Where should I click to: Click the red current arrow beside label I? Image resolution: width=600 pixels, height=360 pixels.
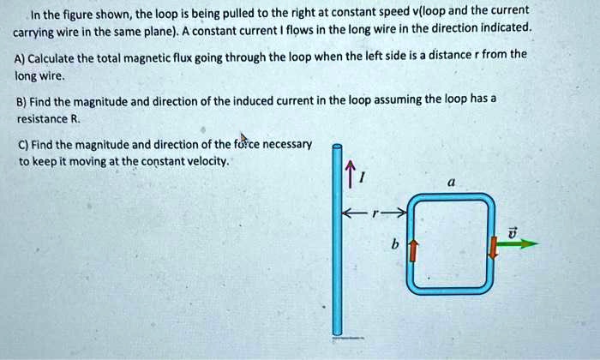tap(350, 174)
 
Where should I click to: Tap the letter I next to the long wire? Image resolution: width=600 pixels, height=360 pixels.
tap(363, 177)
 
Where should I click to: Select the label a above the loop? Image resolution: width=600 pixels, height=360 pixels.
tap(452, 183)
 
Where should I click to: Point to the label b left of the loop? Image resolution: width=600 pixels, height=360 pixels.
tap(395, 243)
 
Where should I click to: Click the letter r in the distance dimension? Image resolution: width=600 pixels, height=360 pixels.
tap(375, 214)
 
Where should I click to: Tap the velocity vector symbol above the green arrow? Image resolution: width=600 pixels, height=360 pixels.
tap(513, 232)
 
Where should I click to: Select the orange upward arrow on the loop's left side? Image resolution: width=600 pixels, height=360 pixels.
tap(413, 251)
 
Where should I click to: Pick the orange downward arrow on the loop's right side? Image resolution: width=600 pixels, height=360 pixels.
tap(494, 247)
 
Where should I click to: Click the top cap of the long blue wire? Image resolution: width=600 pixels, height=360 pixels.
tap(337, 147)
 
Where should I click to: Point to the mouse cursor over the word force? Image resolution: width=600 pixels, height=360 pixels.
tap(243, 138)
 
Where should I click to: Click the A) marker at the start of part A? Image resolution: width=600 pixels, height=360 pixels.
tap(20, 59)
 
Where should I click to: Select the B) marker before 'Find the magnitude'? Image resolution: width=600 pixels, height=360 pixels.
tap(21, 103)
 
